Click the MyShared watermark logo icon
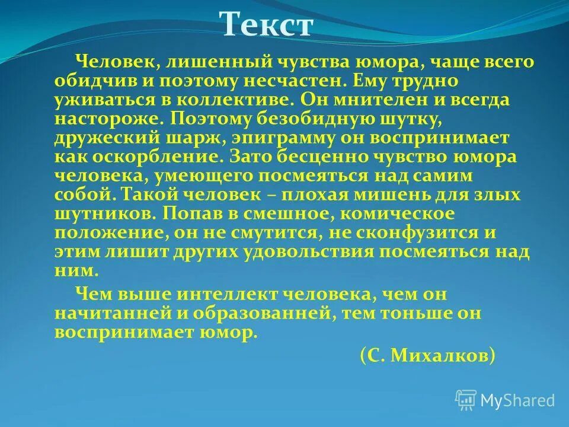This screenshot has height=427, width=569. pyautogui.click(x=466, y=400)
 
